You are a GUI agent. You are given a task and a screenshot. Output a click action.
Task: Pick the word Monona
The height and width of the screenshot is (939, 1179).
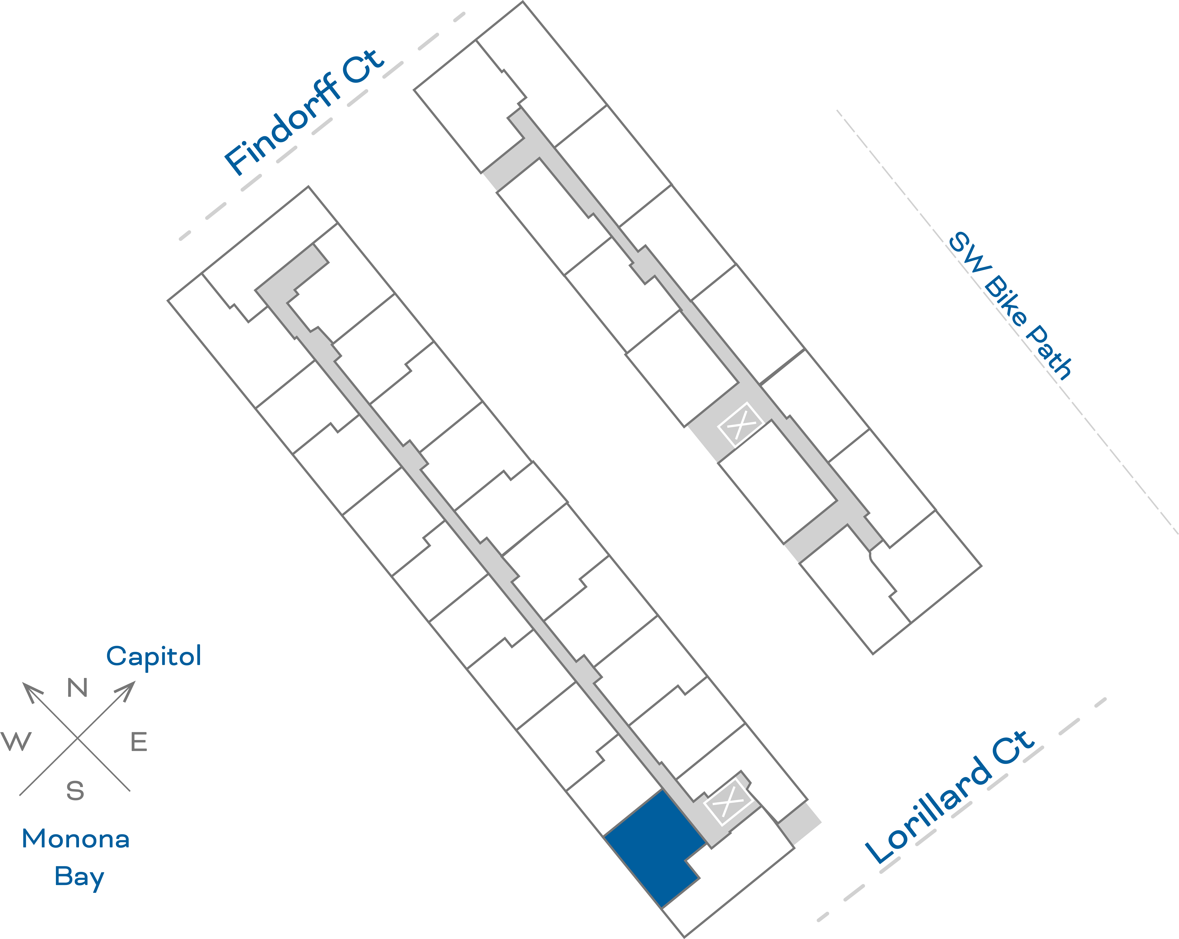(x=75, y=839)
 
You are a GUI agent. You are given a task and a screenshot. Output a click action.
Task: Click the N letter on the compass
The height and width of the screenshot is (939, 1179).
(x=77, y=688)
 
